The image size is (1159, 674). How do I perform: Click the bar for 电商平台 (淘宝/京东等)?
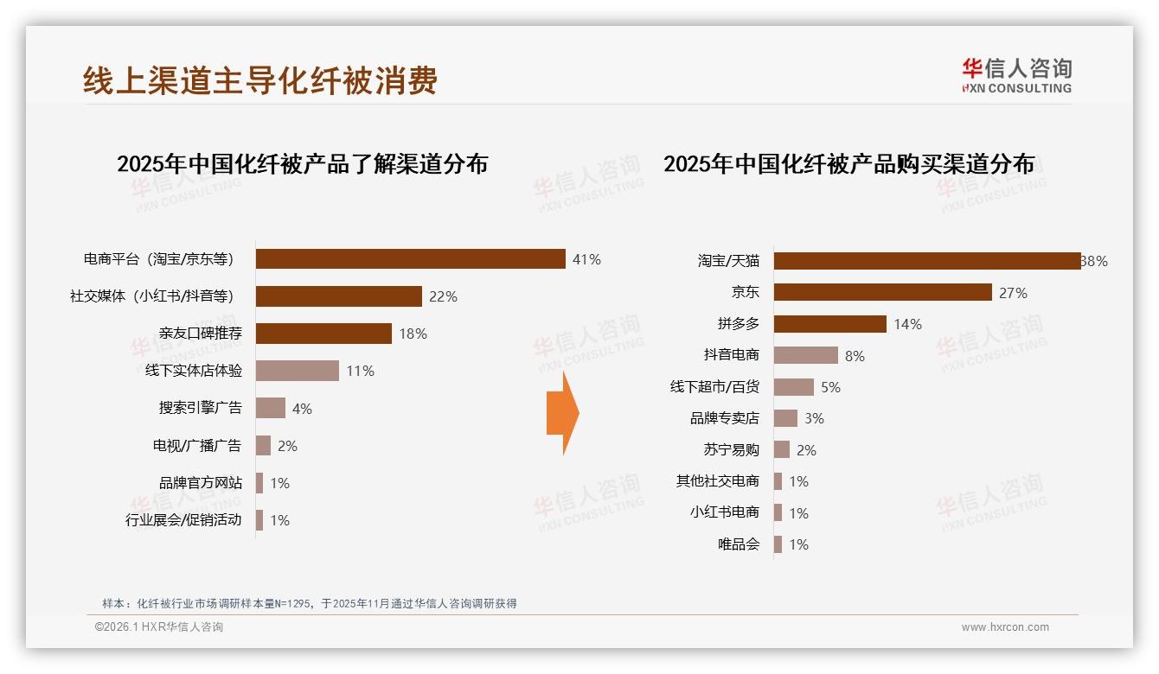(410, 259)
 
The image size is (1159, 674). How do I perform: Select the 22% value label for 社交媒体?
(443, 296)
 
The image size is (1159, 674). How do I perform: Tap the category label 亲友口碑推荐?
(201, 334)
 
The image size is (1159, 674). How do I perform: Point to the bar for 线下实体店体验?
(297, 371)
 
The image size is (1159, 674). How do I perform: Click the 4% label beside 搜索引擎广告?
(302, 409)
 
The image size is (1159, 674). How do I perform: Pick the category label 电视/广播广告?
(197, 446)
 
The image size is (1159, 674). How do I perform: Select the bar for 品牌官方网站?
(259, 483)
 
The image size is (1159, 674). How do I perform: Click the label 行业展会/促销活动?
(183, 520)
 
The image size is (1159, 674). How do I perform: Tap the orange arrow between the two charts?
(563, 413)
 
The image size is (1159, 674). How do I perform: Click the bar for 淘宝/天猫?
(926, 261)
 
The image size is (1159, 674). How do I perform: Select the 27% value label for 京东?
(1013, 293)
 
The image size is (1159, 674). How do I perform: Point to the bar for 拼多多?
(829, 324)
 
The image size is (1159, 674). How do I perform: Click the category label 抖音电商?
(731, 355)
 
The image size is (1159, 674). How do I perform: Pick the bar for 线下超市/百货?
(793, 387)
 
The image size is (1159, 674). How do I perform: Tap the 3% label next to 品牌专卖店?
(814, 418)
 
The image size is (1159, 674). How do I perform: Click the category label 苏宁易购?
(731, 449)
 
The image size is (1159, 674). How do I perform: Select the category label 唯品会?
(738, 544)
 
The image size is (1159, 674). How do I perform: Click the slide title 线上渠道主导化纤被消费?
(260, 80)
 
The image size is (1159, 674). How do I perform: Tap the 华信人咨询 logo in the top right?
(1016, 75)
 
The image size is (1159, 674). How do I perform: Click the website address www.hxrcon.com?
(1005, 627)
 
